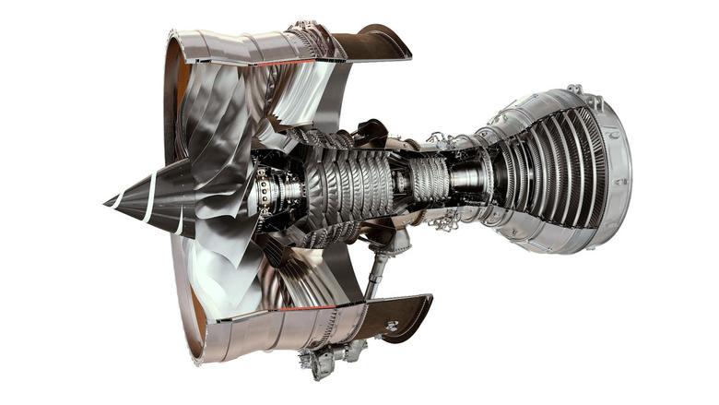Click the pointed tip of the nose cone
[x=106, y=200]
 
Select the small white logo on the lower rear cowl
[x=392, y=325]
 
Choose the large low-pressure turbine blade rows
[x=553, y=175]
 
